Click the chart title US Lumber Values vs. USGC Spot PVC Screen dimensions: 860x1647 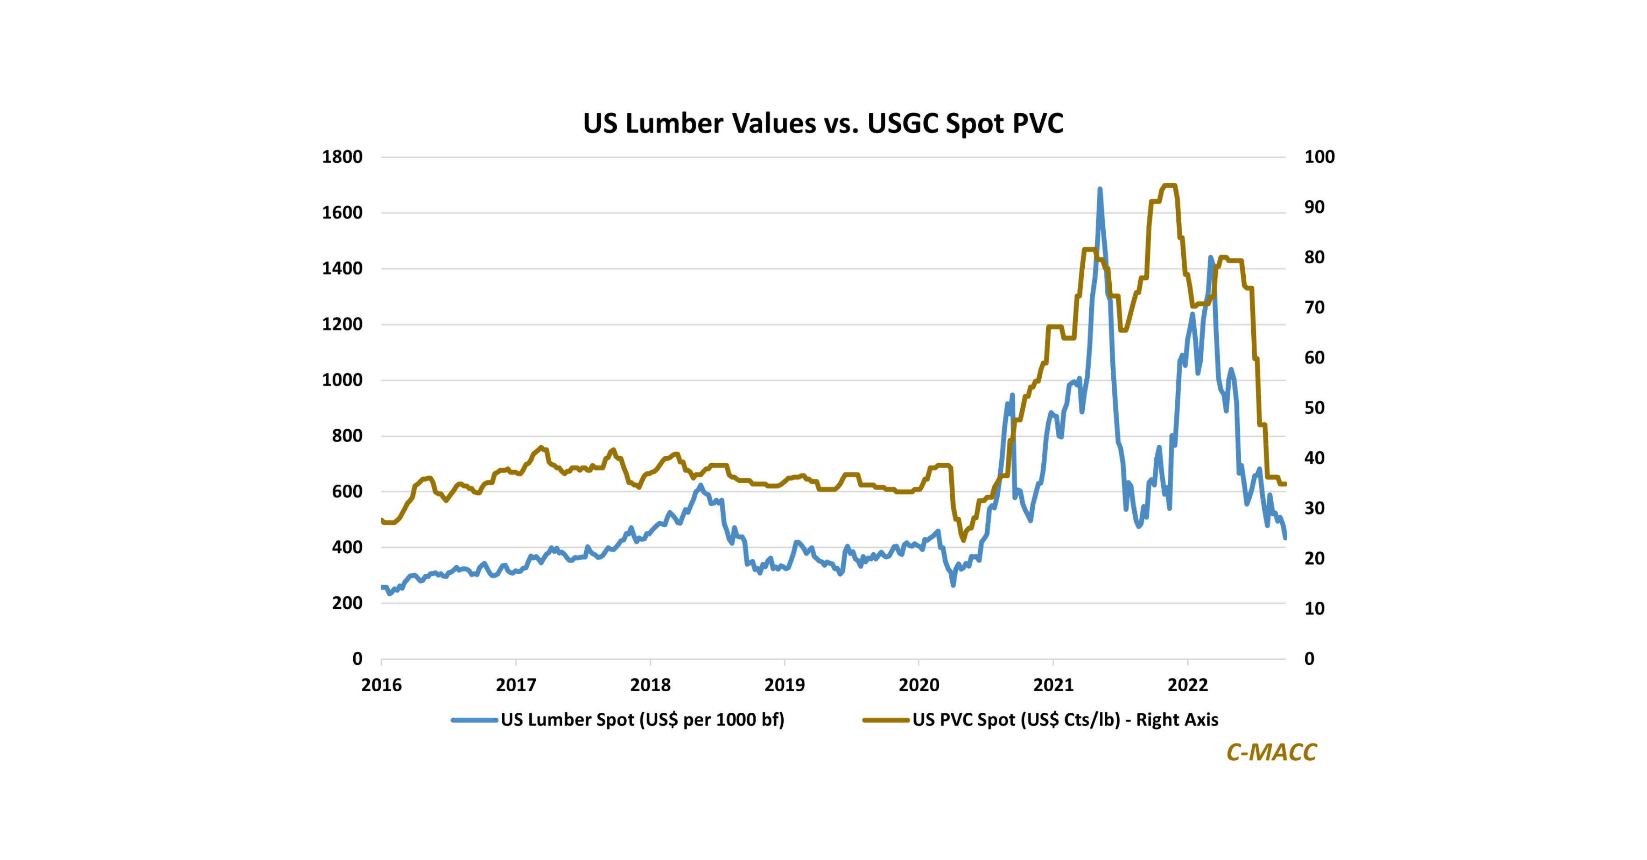pos(823,123)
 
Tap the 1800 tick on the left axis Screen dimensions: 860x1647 pos(342,157)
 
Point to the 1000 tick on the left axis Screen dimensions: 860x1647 pos(342,380)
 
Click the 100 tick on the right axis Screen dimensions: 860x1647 pos(1319,157)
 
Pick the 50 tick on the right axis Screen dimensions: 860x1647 pos(1314,408)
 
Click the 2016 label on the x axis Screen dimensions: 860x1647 pos(382,685)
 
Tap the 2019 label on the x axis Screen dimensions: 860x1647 pos(785,685)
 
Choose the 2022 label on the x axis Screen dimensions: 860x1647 pos(1187,685)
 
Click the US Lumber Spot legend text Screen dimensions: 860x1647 pos(642,720)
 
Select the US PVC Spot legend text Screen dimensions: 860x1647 pos(1065,720)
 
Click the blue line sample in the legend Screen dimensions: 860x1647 pos(474,721)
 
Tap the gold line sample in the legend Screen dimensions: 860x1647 pos(886,721)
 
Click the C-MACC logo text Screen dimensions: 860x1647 pos(1271,753)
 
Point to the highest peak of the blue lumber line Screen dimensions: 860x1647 pos(1100,189)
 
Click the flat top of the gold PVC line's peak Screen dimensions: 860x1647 pos(1169,186)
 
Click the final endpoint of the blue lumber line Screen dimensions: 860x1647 pos(1285,538)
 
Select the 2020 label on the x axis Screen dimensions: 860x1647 pos(919,685)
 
